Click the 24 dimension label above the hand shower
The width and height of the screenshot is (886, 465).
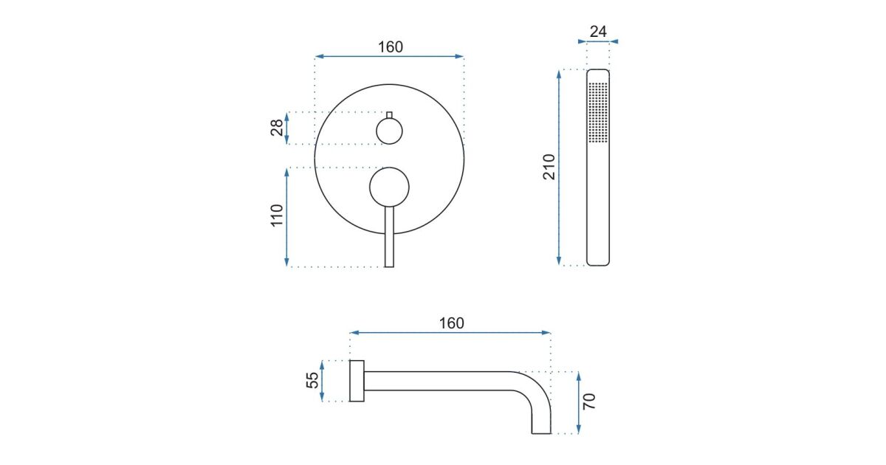point(597,32)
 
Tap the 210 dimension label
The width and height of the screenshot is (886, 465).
point(549,167)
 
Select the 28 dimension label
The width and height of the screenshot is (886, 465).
point(277,127)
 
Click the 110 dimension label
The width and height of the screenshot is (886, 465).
point(277,215)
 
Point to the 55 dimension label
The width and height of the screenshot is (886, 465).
point(312,380)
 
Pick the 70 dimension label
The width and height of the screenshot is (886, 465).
point(589,402)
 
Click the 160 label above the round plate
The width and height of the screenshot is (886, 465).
point(391,47)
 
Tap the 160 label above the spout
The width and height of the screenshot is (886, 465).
point(451,323)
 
